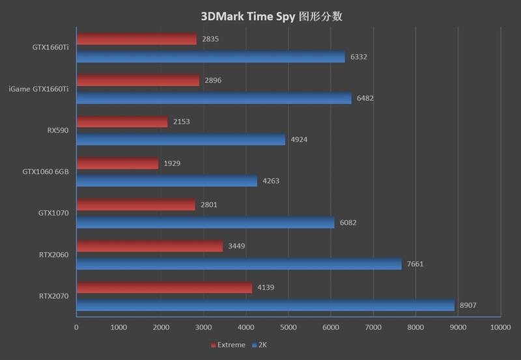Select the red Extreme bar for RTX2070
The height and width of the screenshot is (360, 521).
point(164,287)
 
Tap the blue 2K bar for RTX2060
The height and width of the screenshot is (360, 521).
point(239,264)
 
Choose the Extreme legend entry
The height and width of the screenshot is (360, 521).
point(229,344)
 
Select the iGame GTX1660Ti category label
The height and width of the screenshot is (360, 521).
point(38,89)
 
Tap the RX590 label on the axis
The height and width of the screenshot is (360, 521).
point(58,130)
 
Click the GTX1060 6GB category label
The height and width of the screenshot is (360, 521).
point(46,171)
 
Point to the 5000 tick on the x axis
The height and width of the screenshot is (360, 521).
point(289,327)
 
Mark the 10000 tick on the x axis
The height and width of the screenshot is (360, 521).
point(500,327)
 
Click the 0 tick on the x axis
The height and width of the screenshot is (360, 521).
point(77,327)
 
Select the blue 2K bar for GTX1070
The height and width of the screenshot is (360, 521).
point(205,223)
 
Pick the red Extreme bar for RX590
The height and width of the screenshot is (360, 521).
point(122,122)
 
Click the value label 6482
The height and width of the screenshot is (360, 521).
point(365,98)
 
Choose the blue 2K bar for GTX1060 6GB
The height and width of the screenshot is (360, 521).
point(167,181)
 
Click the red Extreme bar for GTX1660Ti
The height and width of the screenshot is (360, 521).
point(136,39)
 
